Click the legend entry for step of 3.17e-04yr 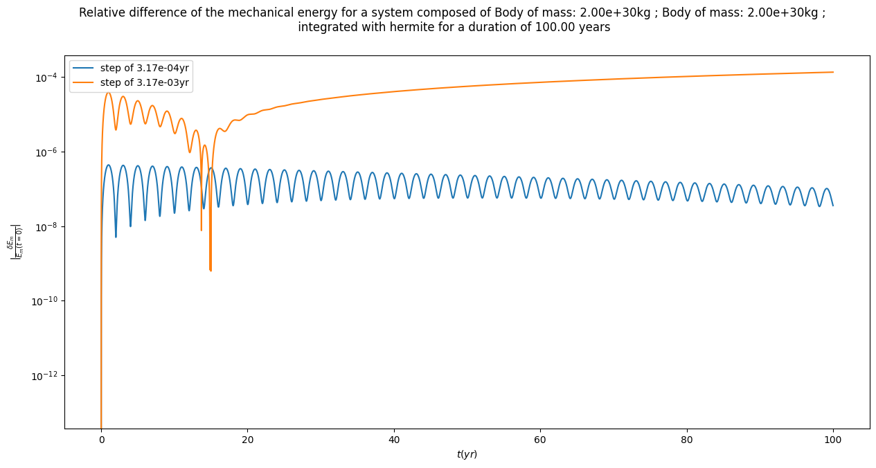tap(144, 68)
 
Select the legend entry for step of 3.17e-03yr tap(144, 82)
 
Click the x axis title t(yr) tap(467, 454)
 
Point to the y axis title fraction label tap(15, 242)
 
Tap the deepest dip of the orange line tap(211, 271)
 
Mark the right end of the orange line tap(833, 72)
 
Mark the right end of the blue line tap(833, 206)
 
